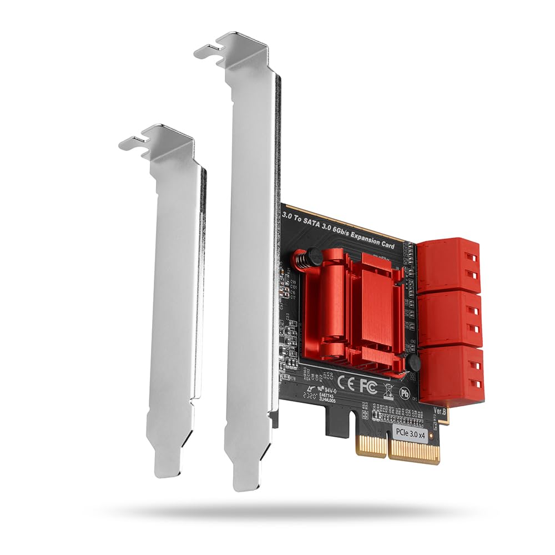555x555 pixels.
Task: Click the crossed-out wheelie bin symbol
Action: (x=389, y=389)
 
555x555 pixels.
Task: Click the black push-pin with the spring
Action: (x=312, y=256)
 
